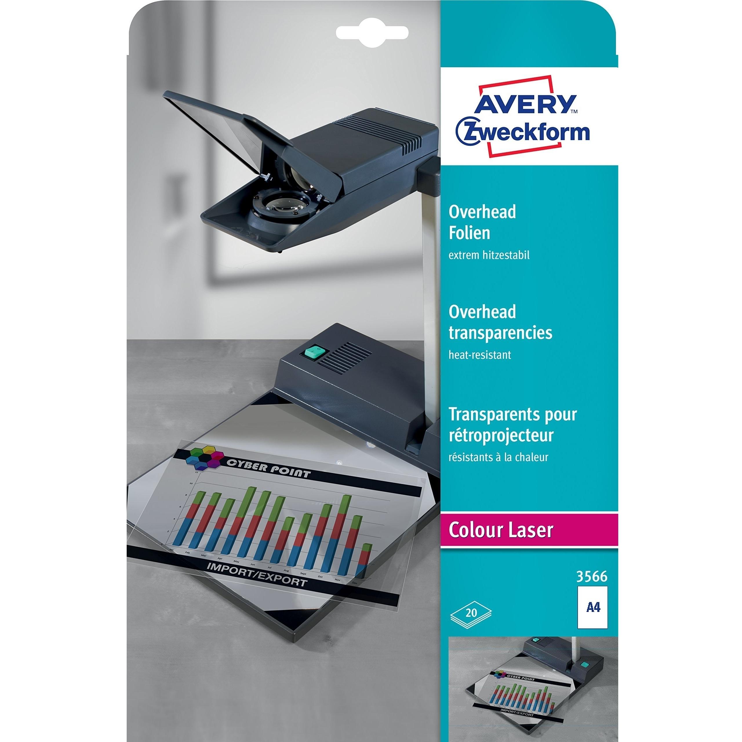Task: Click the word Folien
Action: tap(469, 233)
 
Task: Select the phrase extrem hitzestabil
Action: tap(489, 255)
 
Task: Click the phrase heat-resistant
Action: tap(480, 354)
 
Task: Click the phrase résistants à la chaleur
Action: tap(498, 457)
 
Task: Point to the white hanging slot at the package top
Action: tap(372, 32)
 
